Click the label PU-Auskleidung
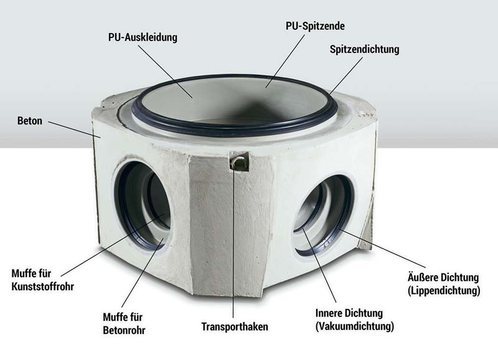click(x=143, y=37)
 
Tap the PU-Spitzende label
click(x=315, y=26)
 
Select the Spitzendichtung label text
click(x=364, y=50)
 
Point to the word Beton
click(x=30, y=121)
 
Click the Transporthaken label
click(x=235, y=326)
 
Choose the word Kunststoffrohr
click(x=43, y=287)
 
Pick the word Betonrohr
click(x=124, y=331)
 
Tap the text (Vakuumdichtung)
click(x=355, y=326)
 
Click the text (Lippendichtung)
click(x=444, y=291)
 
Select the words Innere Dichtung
click(x=349, y=313)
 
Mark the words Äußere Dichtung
click(x=443, y=277)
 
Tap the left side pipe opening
click(x=143, y=206)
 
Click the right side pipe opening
click(x=323, y=216)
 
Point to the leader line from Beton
click(x=74, y=130)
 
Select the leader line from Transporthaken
click(x=233, y=243)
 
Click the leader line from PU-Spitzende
click(x=285, y=60)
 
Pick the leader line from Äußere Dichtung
click(x=382, y=248)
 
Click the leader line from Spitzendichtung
click(x=346, y=76)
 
